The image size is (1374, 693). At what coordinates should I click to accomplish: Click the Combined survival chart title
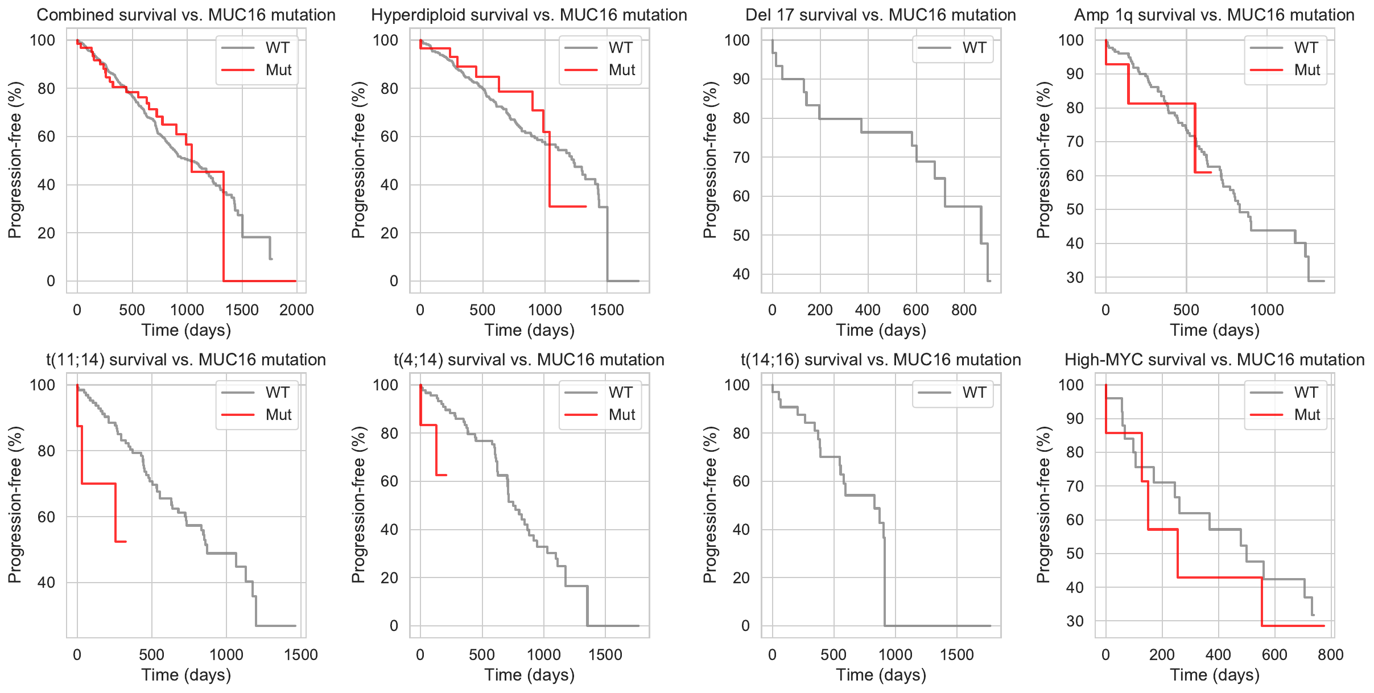pos(186,15)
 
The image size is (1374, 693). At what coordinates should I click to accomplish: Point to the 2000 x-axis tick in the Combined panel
pos(297,310)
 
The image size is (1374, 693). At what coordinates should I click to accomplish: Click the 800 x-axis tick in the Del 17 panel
pos(964,310)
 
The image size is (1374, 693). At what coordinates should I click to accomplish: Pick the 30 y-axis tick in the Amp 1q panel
pos(1075,278)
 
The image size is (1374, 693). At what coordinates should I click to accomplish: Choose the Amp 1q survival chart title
pos(1214,15)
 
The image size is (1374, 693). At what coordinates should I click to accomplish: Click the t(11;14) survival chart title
pos(186,360)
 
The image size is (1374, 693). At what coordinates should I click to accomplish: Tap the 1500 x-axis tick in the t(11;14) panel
pos(301,655)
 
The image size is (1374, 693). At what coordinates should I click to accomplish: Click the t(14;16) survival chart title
pos(881,360)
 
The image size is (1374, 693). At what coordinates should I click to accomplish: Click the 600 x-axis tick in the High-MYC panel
pos(1274,655)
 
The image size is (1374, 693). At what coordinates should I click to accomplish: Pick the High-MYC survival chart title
pos(1214,360)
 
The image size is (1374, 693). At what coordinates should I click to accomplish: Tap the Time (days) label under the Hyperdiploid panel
pos(529,330)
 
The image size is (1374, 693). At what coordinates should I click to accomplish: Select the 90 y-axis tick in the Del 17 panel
pos(741,79)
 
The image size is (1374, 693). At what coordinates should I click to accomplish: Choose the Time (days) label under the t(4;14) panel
pos(529,675)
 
